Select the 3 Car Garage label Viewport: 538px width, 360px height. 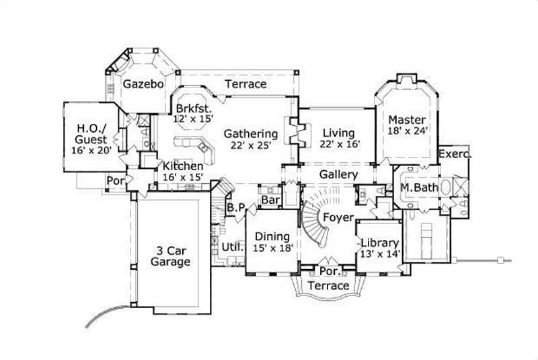pyautogui.click(x=170, y=256)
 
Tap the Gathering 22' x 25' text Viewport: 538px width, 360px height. pyautogui.click(x=251, y=139)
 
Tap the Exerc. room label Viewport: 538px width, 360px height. pyautogui.click(x=455, y=154)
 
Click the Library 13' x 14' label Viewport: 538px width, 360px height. pyautogui.click(x=380, y=248)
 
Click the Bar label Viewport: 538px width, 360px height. pyautogui.click(x=270, y=201)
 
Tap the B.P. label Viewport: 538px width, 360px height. pyautogui.click(x=235, y=209)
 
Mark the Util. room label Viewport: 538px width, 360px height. pyautogui.click(x=232, y=247)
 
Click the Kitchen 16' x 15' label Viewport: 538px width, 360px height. pyautogui.click(x=182, y=172)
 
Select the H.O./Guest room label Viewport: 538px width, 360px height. pyautogui.click(x=92, y=137)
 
